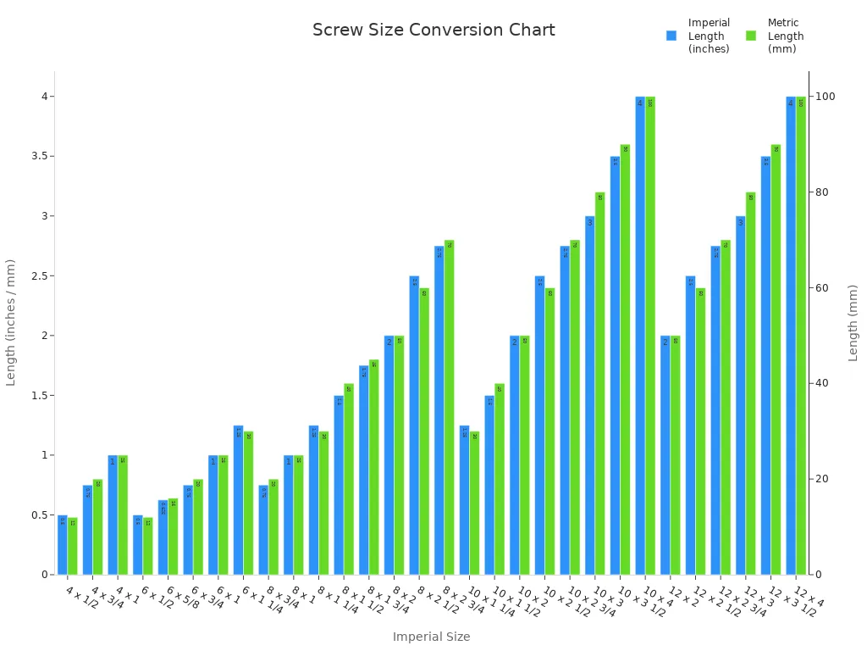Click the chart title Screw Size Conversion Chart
[x=433, y=31]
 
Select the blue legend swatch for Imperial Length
[x=671, y=36]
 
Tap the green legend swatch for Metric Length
[x=751, y=36]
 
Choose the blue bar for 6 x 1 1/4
[x=239, y=500]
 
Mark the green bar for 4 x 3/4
[x=97, y=527]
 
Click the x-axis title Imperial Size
[x=431, y=637]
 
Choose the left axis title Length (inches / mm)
[x=11, y=323]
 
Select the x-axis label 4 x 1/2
[x=82, y=599]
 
